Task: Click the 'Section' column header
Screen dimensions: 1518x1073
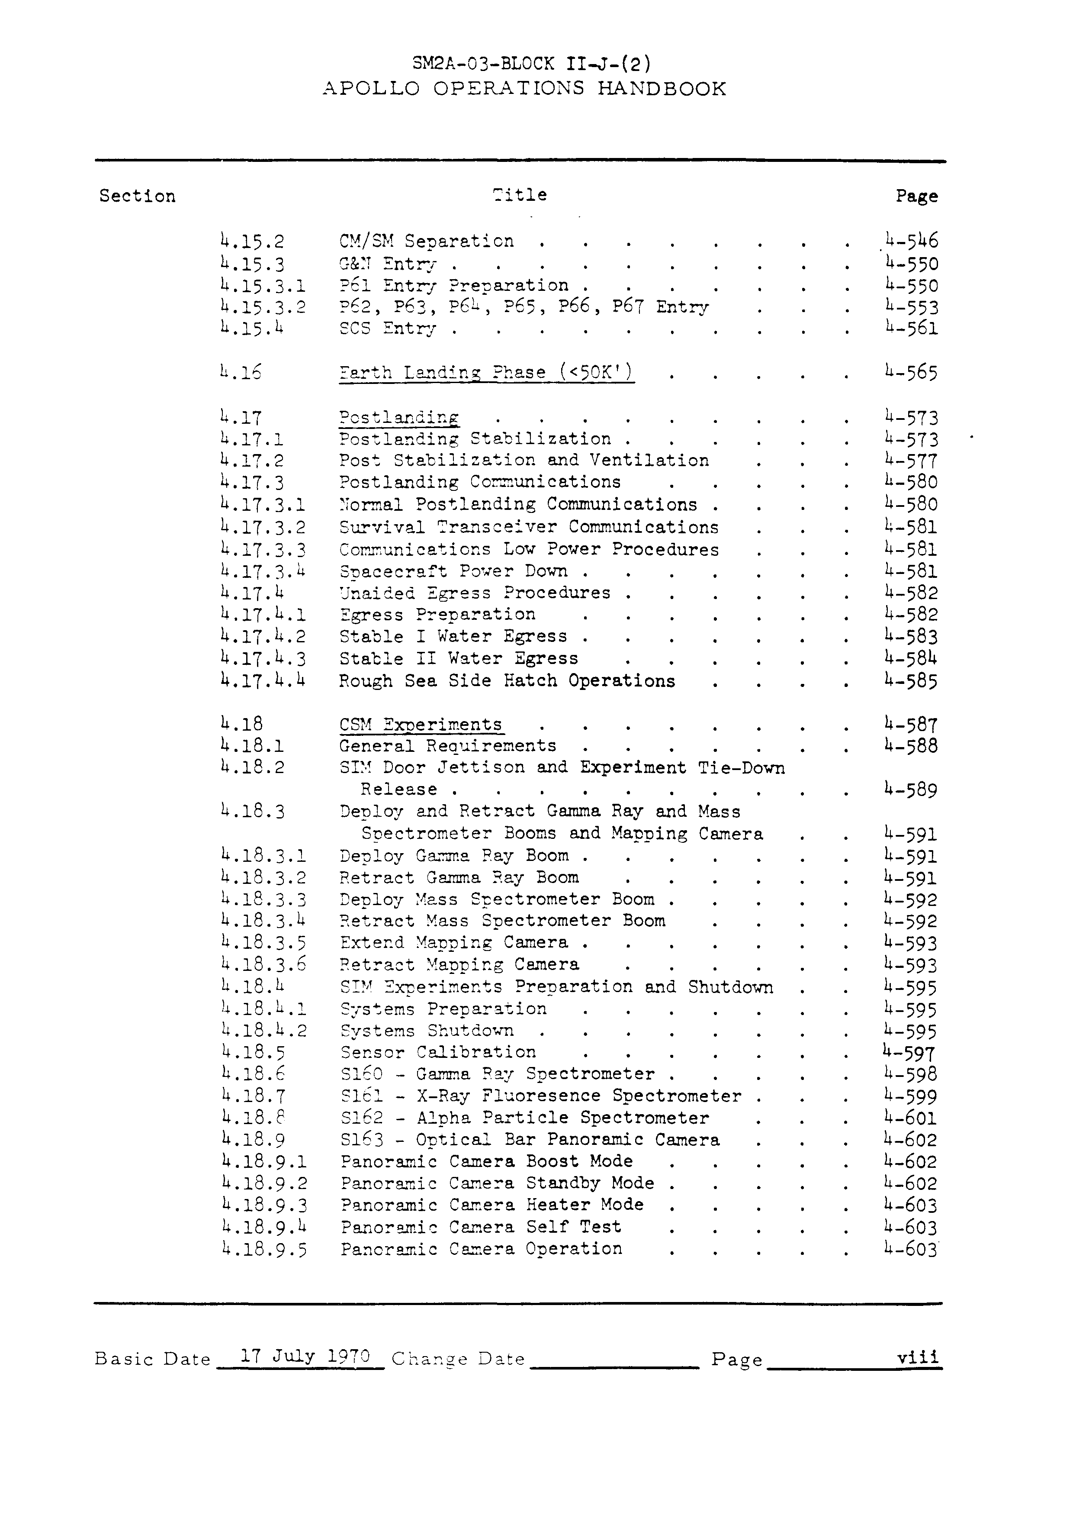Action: point(138,197)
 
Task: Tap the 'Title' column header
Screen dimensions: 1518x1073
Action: point(520,195)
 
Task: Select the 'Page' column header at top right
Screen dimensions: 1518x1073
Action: point(916,197)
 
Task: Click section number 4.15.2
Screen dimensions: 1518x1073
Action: point(253,242)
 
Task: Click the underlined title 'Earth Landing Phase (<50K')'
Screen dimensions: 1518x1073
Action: point(486,373)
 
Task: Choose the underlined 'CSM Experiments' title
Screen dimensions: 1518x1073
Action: point(421,725)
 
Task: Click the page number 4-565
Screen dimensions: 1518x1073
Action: point(911,373)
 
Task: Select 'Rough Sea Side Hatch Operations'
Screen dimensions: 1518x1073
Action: point(507,681)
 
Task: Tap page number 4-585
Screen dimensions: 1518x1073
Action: point(911,681)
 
